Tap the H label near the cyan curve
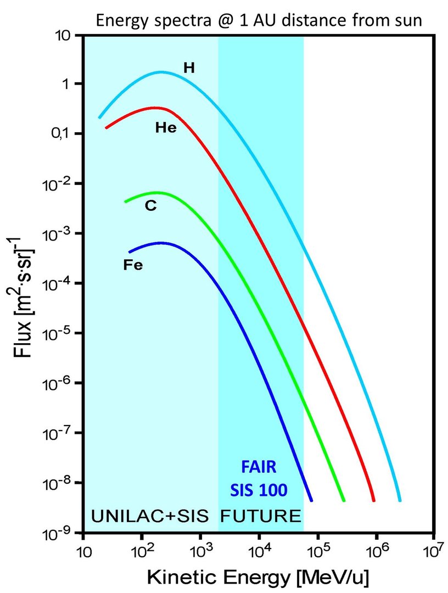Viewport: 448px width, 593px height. point(189,68)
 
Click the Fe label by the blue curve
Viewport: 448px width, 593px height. point(133,265)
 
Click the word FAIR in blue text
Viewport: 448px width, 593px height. point(258,468)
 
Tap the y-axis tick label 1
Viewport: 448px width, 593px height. point(71,84)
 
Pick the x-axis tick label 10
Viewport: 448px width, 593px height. point(83,551)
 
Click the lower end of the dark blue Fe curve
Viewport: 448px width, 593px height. point(311,500)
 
